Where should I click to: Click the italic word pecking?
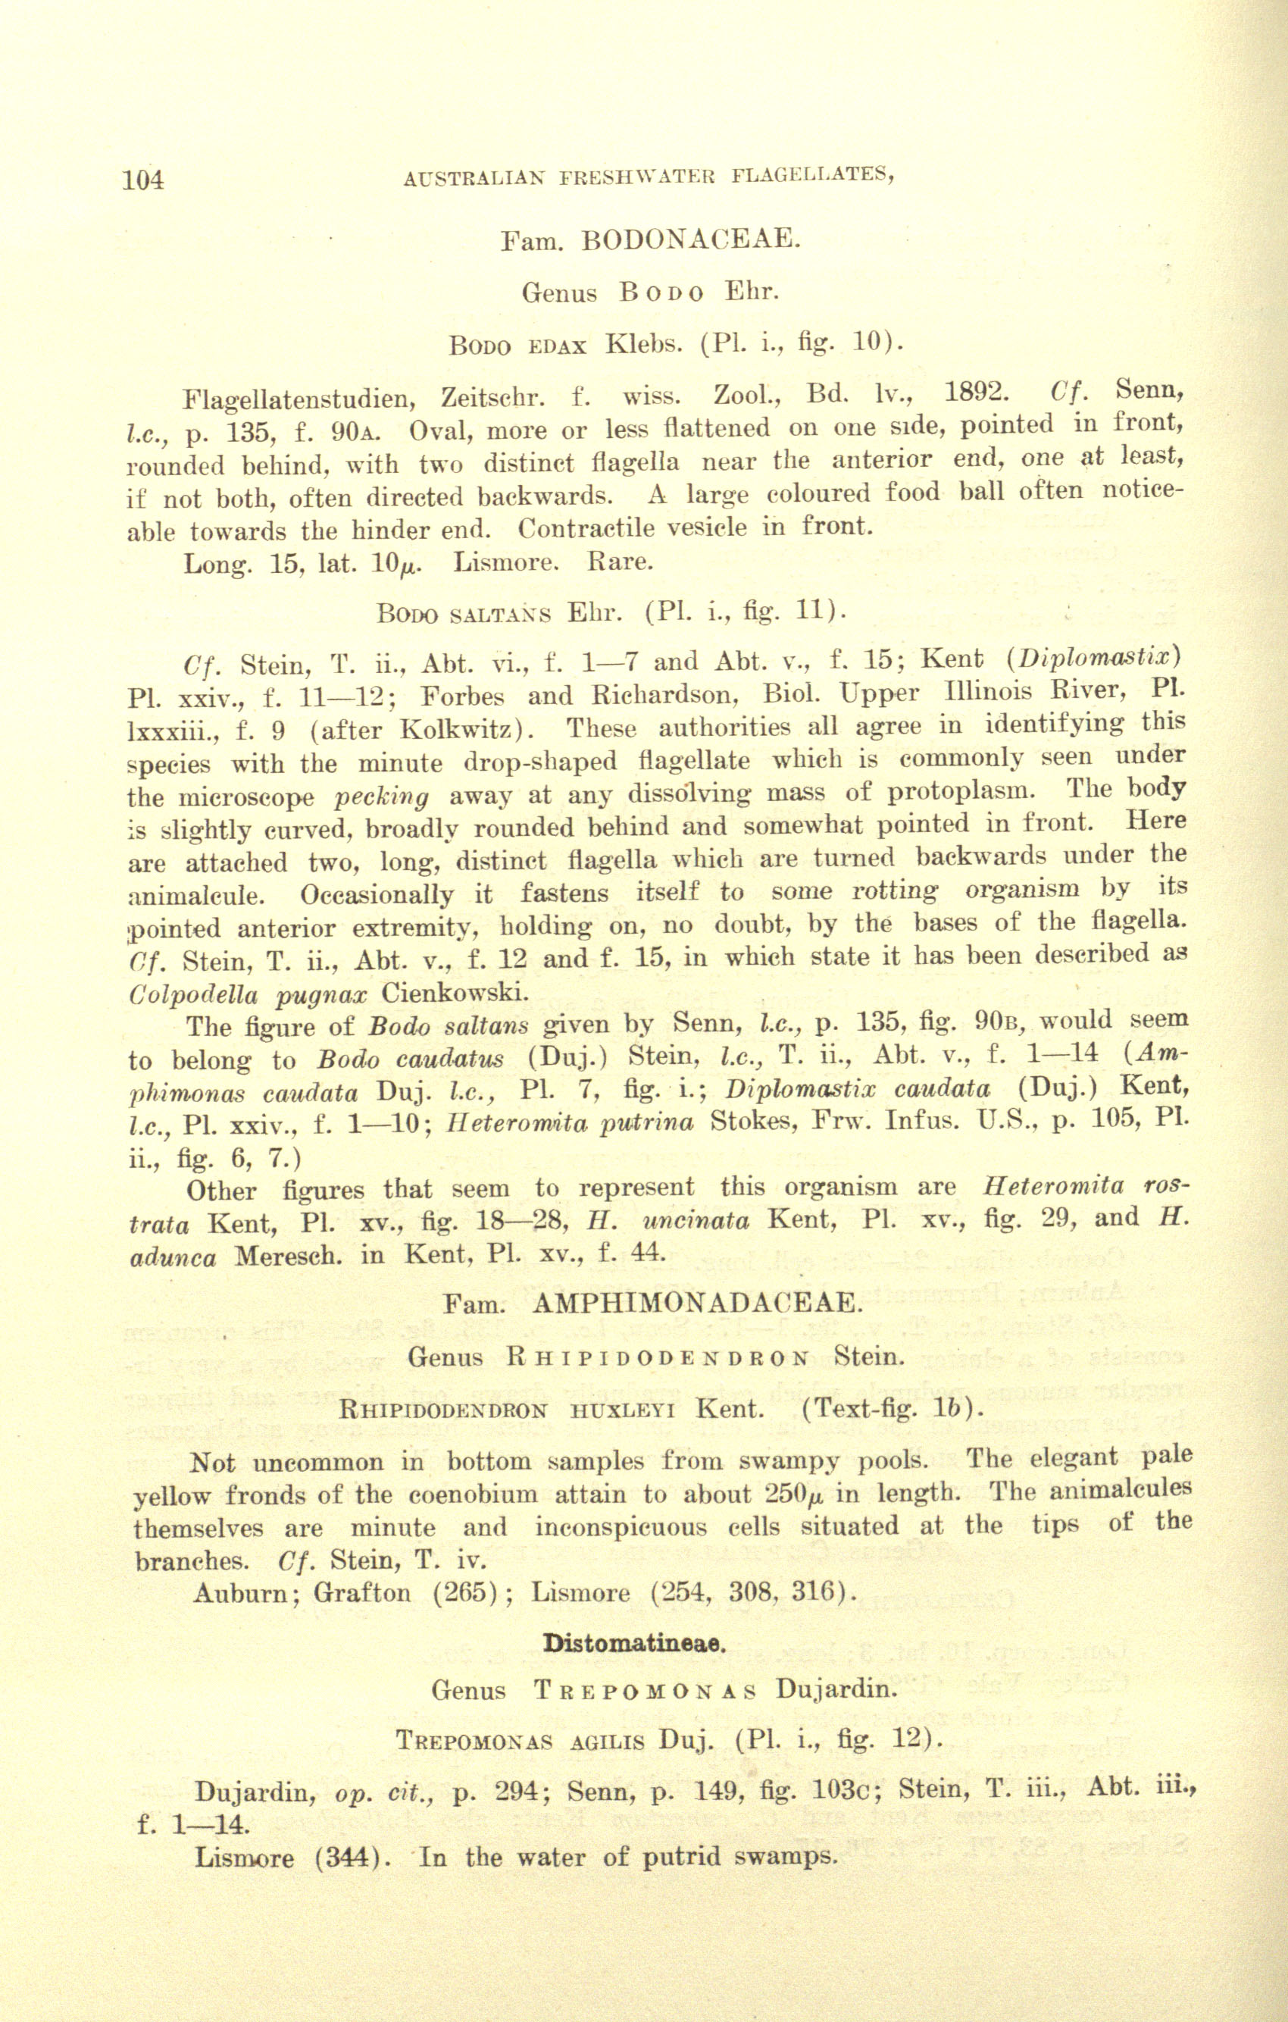382,795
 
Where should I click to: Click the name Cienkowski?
455,994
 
